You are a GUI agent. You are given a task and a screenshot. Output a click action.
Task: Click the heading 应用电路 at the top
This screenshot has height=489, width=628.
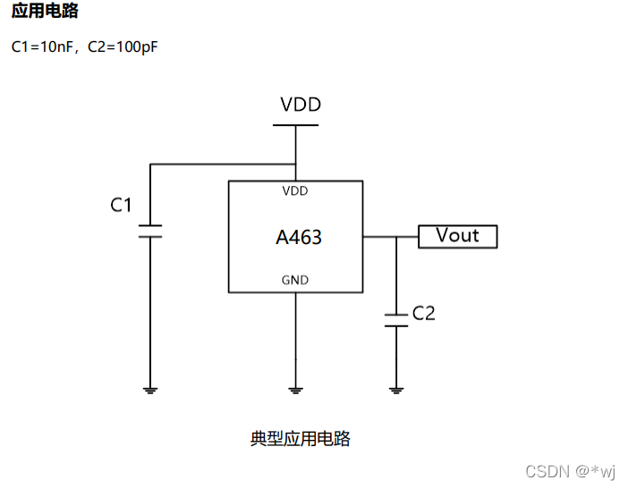[45, 12]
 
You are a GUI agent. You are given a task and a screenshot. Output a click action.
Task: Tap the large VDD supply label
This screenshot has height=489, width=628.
[301, 105]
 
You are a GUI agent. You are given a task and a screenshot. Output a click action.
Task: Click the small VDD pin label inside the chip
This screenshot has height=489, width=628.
[295, 191]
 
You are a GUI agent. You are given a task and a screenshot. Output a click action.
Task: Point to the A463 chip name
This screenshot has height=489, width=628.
[298, 238]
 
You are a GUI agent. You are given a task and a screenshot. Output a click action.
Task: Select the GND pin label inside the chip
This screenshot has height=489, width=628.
[295, 280]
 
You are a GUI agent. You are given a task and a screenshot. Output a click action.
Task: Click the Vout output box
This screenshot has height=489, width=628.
[457, 236]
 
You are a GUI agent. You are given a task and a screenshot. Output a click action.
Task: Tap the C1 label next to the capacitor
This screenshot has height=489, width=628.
[121, 206]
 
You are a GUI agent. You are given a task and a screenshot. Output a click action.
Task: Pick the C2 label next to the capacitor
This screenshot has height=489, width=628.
[423, 314]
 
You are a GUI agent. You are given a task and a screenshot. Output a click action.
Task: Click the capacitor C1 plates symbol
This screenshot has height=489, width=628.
[150, 231]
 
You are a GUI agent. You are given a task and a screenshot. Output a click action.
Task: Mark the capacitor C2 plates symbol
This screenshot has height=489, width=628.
[396, 320]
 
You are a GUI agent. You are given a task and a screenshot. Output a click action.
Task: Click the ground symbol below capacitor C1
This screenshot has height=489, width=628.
[150, 390]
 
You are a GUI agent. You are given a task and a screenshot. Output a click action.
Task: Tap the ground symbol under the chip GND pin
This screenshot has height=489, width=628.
[296, 390]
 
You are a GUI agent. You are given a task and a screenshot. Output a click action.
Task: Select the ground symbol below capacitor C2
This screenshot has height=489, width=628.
[396, 390]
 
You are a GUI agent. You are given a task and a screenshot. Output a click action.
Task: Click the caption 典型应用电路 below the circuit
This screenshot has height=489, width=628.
[300, 439]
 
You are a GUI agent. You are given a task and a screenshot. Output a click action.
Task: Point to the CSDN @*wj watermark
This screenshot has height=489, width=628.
[571, 471]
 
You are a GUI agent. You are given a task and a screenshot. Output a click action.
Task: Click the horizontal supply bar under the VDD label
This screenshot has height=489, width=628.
[295, 125]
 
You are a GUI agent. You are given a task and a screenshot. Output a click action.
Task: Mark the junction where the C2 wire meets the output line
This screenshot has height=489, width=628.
[396, 237]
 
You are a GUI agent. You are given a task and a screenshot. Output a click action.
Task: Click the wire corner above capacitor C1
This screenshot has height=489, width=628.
[150, 164]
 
